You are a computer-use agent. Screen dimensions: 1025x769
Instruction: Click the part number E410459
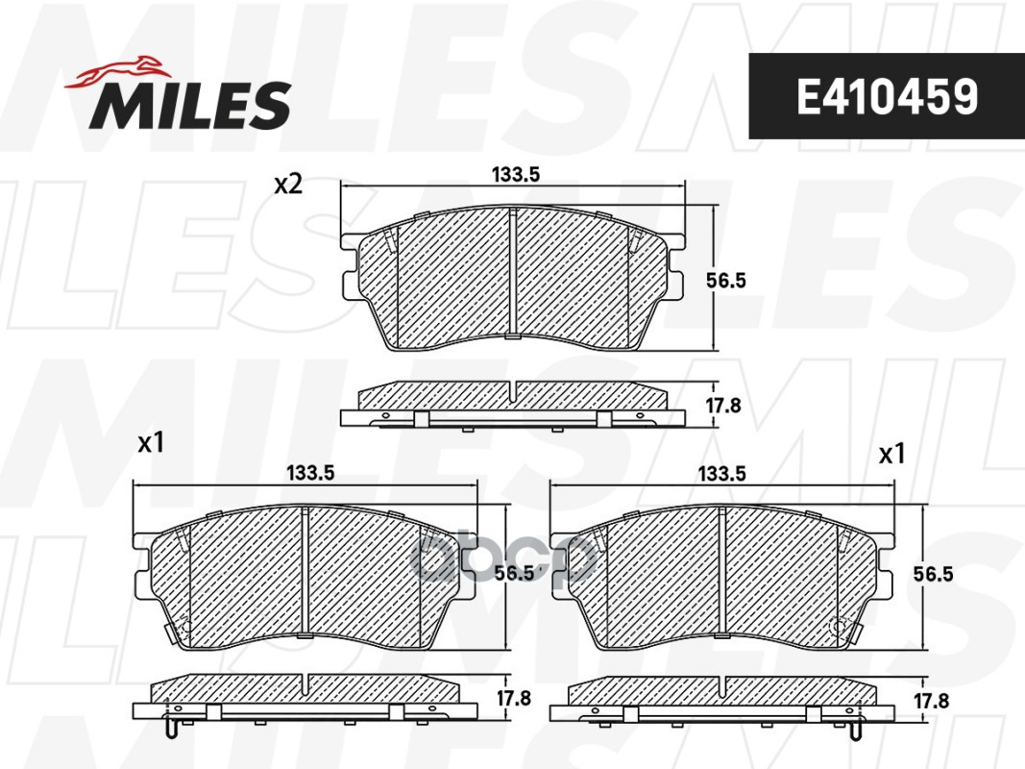pos(887,96)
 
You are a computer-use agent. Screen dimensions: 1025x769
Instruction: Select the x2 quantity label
pos(288,186)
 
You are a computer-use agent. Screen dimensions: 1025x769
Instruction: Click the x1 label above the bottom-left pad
pos(151,443)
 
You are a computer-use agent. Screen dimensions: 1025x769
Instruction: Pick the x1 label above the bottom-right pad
pos(891,453)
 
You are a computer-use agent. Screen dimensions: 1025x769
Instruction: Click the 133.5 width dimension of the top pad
pos(516,175)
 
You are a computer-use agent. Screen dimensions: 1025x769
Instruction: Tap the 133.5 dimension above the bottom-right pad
pos(721,474)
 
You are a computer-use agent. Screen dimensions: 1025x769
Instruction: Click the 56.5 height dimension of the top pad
pos(725,281)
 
